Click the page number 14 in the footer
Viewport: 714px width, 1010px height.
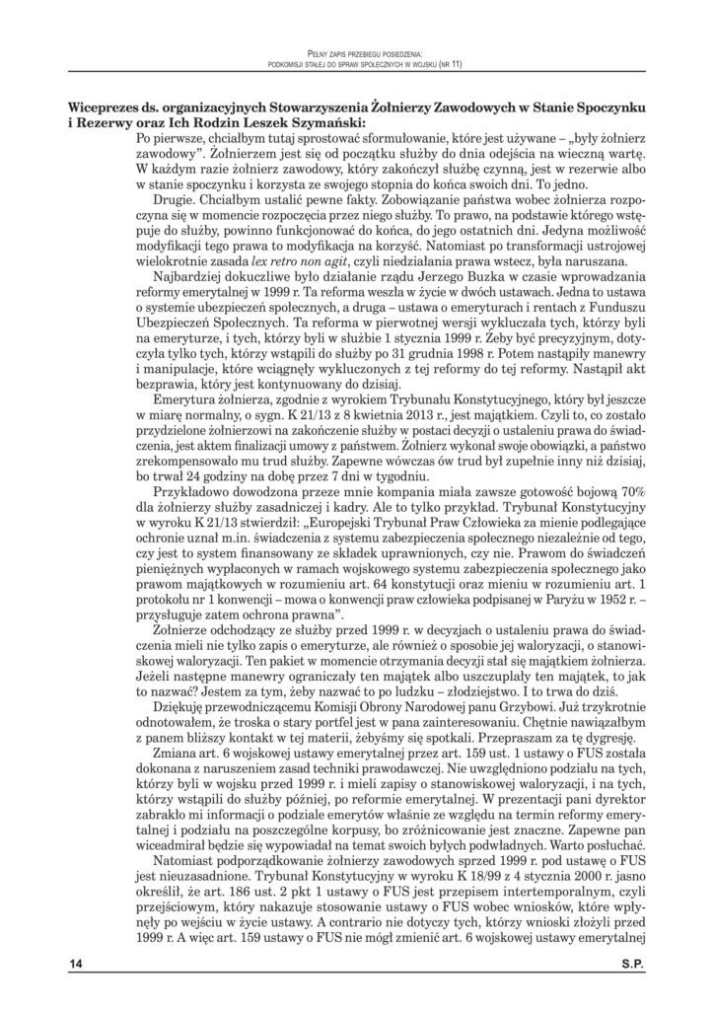coord(76,965)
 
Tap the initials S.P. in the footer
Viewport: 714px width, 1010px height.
coord(630,965)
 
